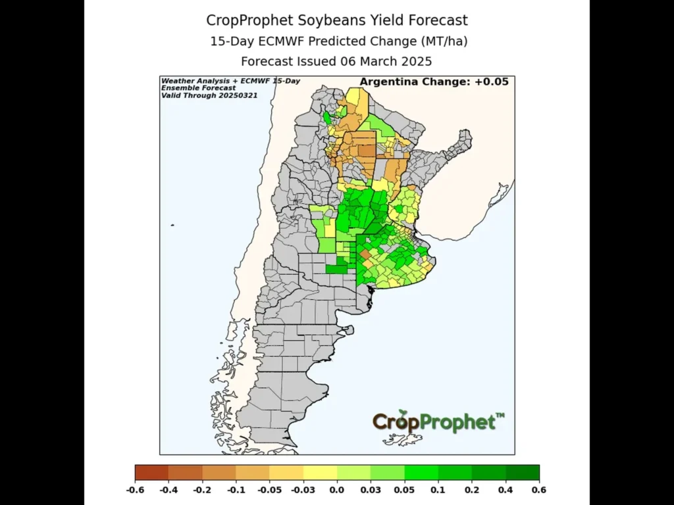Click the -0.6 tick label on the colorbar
(x=135, y=491)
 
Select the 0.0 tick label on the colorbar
(x=336, y=491)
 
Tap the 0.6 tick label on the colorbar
(x=538, y=491)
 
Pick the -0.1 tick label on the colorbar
(x=236, y=491)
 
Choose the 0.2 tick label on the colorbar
(x=471, y=491)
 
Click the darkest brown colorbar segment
(x=151, y=472)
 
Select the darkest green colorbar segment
(x=522, y=472)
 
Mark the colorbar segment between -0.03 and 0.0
(x=320, y=472)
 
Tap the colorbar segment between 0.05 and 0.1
(x=421, y=472)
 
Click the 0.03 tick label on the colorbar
(x=371, y=491)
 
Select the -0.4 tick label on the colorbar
(x=168, y=491)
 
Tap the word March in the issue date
(x=373, y=62)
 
